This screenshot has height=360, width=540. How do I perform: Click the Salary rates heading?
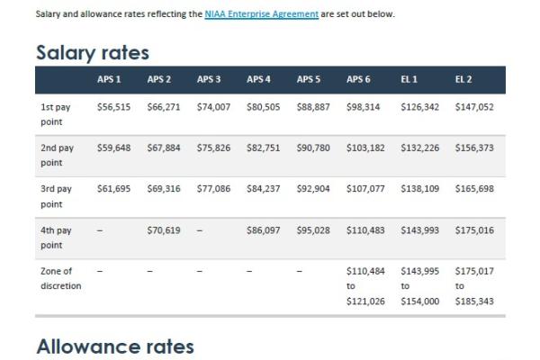click(92, 53)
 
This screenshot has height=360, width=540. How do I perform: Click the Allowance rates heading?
click(114, 345)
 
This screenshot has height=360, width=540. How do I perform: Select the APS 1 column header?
click(111, 80)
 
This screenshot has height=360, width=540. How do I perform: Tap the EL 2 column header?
click(463, 80)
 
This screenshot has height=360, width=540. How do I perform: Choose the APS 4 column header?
click(259, 80)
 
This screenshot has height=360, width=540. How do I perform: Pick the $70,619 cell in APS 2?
click(163, 230)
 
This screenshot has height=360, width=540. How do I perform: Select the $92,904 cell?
click(313, 189)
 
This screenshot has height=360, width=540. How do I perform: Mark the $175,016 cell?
click(474, 230)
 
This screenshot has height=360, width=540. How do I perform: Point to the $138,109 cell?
click(418, 189)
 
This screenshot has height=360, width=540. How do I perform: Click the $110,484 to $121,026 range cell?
click(365, 285)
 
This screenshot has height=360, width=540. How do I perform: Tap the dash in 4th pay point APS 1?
click(100, 230)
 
